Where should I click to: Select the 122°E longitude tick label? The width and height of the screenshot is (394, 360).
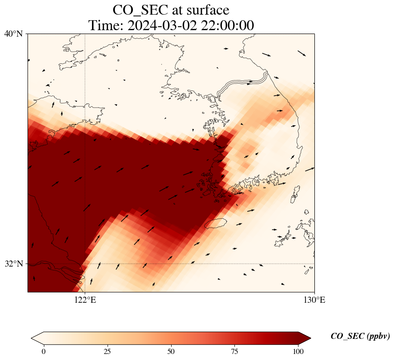(85, 300)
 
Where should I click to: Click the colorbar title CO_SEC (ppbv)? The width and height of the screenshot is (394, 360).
(360, 337)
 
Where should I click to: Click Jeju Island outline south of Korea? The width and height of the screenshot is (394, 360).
(215, 223)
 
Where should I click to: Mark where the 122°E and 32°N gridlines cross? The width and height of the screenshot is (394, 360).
(85, 264)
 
